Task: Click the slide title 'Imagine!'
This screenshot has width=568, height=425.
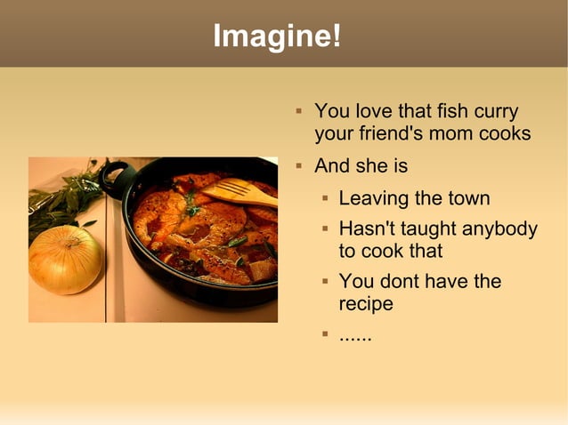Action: tap(276, 36)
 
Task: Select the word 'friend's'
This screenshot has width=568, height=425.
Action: tap(391, 134)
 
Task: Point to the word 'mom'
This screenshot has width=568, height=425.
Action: tap(452, 134)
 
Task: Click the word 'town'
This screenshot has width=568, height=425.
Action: tap(466, 198)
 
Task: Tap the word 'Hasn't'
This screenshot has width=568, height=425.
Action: tap(367, 229)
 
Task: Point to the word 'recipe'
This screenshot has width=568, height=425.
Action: tap(366, 304)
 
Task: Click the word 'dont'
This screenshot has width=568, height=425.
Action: tap(400, 282)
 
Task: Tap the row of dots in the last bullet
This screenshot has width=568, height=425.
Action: tap(355, 337)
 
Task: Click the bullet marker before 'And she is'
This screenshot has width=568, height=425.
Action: tap(299, 165)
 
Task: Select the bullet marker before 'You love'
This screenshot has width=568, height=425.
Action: tap(299, 112)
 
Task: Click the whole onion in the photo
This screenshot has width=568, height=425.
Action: tap(65, 260)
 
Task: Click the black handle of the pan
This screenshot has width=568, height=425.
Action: tap(113, 177)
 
